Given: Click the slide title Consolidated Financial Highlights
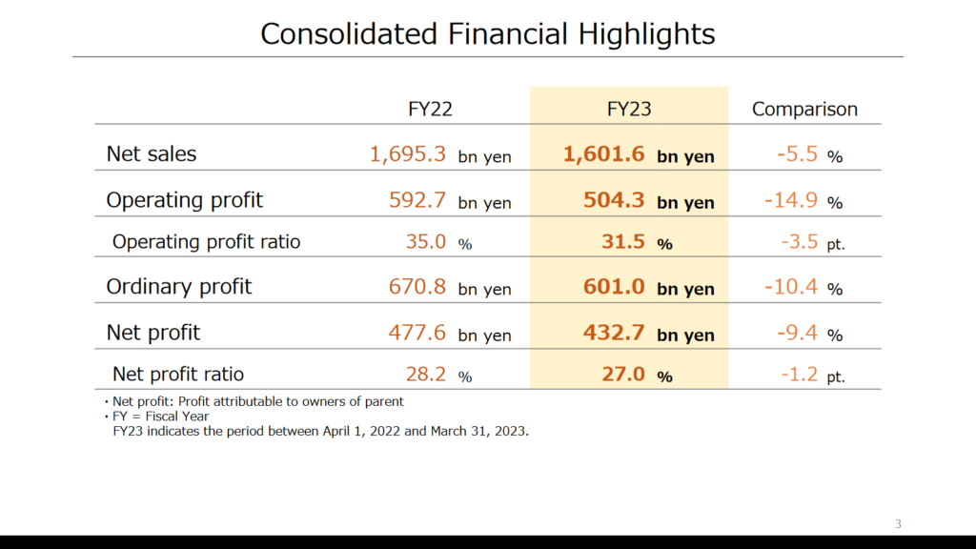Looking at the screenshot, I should (x=487, y=34).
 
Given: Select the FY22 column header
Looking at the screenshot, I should (x=430, y=109).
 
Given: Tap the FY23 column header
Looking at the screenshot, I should (x=629, y=109).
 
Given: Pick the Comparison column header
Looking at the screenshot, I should (x=804, y=109).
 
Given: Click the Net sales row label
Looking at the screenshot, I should (x=152, y=153).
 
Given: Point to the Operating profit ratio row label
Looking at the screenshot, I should (x=206, y=241).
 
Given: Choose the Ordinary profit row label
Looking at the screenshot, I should (x=178, y=286).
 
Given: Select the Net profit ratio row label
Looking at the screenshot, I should (x=178, y=374).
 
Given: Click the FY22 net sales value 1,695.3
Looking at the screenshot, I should (x=408, y=153).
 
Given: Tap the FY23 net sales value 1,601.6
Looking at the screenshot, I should (x=604, y=153).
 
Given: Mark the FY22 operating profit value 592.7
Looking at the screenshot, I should (x=417, y=200).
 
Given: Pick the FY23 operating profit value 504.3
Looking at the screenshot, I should (x=614, y=200).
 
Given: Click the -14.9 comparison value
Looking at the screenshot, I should (x=791, y=200).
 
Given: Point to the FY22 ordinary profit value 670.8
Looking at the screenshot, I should (x=417, y=286).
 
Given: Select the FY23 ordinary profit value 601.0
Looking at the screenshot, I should (x=614, y=286).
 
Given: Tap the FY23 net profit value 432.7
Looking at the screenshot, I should (x=614, y=333).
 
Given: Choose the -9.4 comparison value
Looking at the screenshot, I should (x=796, y=333).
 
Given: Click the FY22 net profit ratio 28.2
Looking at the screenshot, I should (x=426, y=374).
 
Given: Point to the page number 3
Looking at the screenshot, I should (x=898, y=523).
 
